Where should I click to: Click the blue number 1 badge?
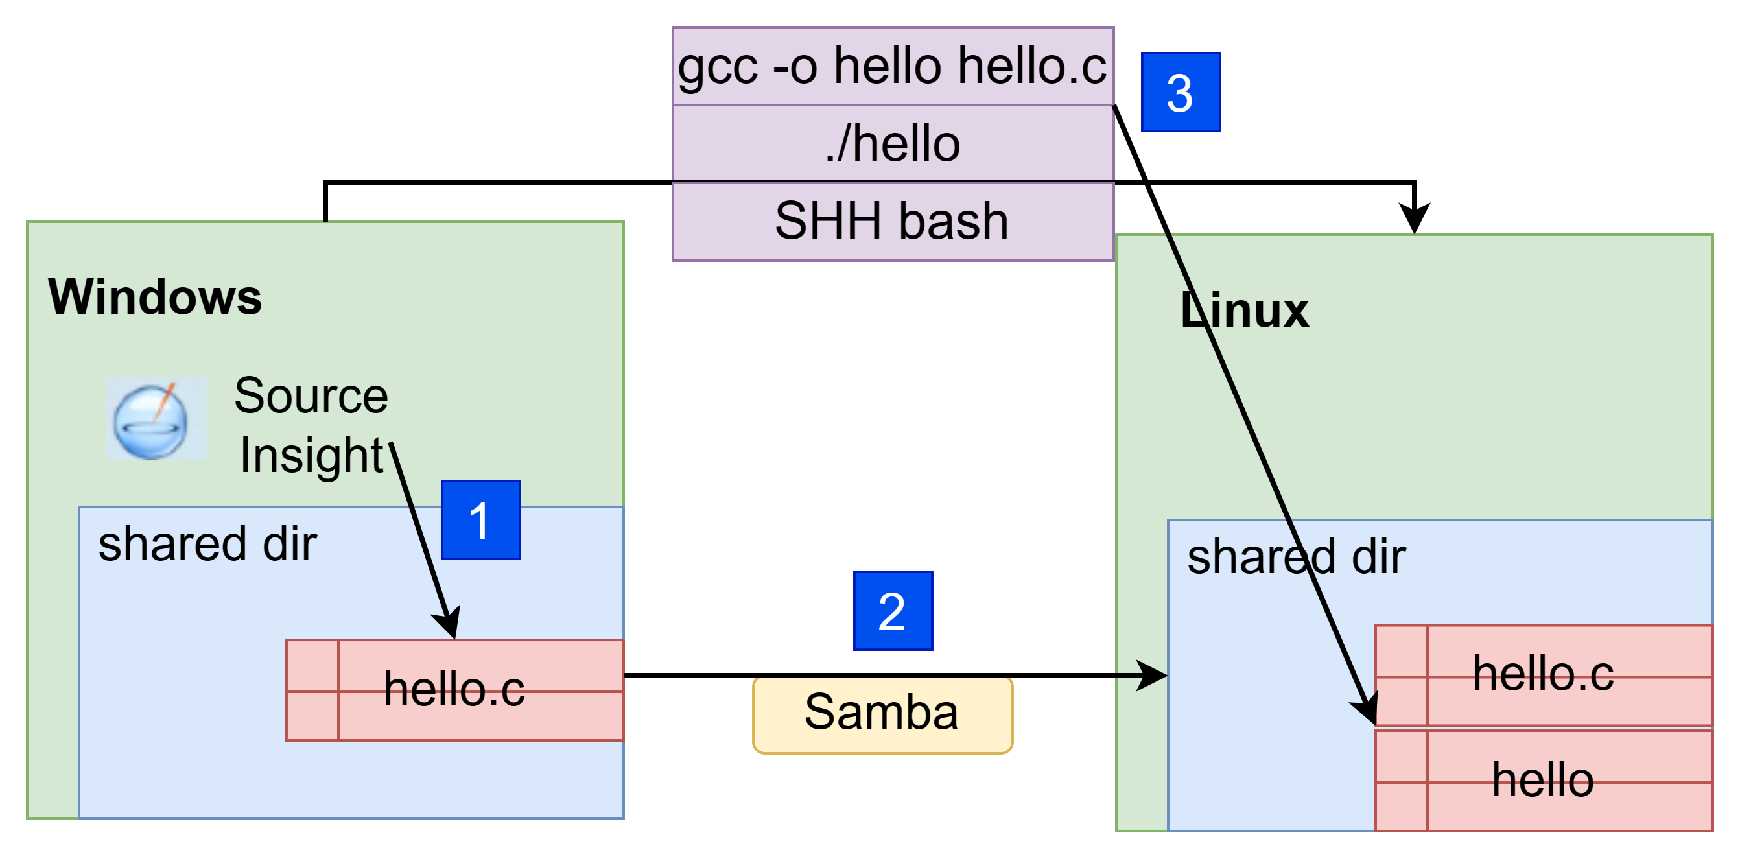[480, 520]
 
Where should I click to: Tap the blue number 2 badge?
[893, 611]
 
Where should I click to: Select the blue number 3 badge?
[1181, 92]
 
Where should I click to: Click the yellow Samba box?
[883, 714]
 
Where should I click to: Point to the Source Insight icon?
[157, 419]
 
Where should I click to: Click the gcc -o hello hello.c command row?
[893, 66]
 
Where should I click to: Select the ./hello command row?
[893, 144]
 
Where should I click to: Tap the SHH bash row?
[893, 222]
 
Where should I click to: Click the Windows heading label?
[155, 297]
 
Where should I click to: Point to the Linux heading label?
[1245, 310]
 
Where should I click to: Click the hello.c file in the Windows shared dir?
[454, 690]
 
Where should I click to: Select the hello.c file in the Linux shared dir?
[1544, 676]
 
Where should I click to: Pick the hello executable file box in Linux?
[1544, 780]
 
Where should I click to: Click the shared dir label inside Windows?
[207, 545]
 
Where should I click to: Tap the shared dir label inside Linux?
[1297, 557]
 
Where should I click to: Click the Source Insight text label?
[311, 425]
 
